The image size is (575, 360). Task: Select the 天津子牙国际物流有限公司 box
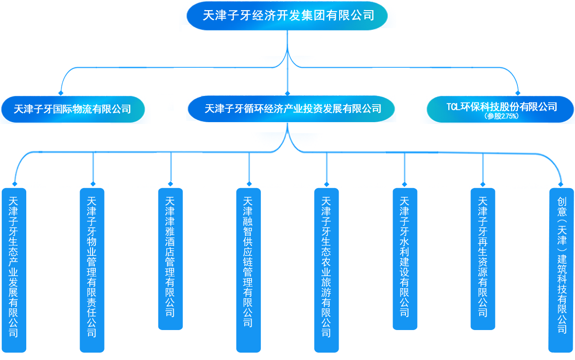73,109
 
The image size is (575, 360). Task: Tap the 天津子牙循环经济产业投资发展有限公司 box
292,109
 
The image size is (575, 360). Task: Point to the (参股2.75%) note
501,117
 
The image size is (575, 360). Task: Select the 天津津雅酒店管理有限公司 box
170,259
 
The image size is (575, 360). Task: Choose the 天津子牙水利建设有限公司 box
405,259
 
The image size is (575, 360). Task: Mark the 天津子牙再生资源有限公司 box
483,259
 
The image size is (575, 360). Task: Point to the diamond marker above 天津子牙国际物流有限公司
60,93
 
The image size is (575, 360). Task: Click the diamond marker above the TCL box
518,93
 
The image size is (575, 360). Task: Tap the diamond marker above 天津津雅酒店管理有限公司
171,183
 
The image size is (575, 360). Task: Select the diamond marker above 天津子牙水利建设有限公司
405,183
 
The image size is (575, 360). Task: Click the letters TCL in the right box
454,107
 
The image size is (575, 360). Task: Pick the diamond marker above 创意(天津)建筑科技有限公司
561,183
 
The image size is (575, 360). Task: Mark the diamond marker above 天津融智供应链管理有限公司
249,183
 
